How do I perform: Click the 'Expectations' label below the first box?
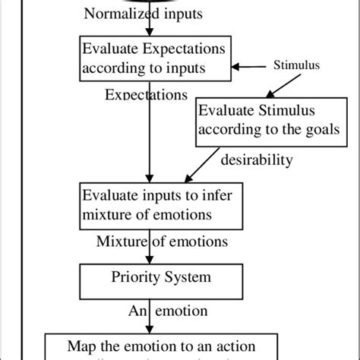145,95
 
